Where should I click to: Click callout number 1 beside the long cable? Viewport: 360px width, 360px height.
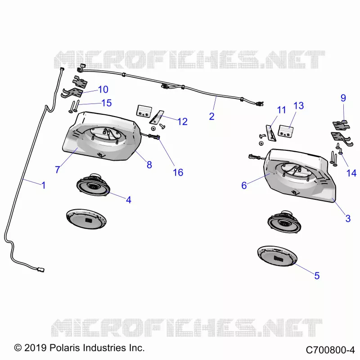coord(43,185)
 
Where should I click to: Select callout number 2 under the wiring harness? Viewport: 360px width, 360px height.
coord(211,117)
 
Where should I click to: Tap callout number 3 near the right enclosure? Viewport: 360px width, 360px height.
coord(348,219)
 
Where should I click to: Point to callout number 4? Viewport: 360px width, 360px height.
coord(129,200)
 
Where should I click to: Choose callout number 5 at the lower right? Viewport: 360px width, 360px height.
coord(317,276)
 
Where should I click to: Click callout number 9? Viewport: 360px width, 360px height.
coord(343,98)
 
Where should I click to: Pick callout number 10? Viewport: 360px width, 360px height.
coord(103,89)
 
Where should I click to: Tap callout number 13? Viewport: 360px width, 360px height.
coord(299,106)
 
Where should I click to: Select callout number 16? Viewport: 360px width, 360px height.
coord(178,172)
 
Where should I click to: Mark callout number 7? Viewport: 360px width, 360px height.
coord(58,170)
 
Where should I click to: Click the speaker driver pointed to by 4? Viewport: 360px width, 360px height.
coord(93,185)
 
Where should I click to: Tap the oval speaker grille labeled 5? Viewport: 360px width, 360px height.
coord(277,256)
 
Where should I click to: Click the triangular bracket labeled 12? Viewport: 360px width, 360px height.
coord(157,117)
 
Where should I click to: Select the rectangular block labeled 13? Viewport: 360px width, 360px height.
coord(286,131)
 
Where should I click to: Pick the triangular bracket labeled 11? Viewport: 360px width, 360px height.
coord(271,133)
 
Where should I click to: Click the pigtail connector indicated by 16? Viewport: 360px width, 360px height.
coord(154,137)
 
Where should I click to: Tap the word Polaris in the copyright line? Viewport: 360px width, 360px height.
coord(64,347)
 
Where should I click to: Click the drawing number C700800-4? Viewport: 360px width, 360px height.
coord(330,350)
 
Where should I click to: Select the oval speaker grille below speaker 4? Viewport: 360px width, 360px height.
coord(86,219)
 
